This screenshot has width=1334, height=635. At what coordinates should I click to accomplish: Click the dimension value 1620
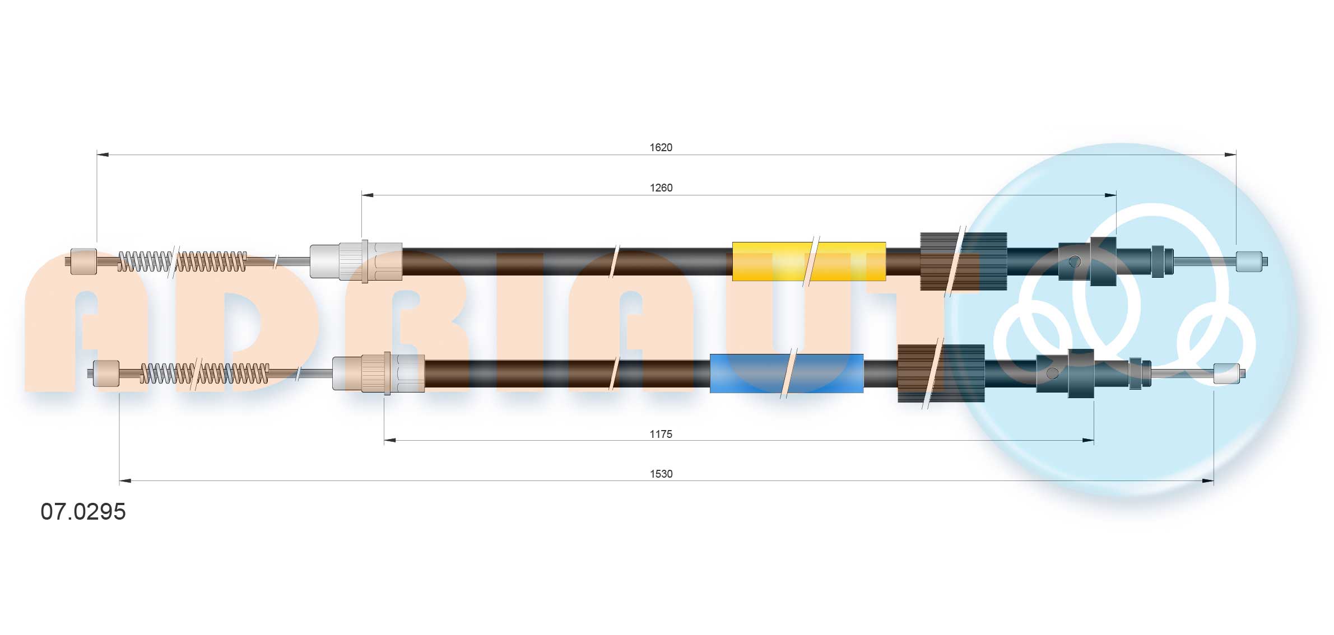pos(661,147)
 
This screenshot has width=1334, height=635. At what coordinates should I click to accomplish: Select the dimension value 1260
pos(661,188)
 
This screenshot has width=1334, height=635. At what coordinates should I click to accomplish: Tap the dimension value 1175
pos(661,434)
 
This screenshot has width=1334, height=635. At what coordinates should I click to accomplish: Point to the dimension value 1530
pos(661,474)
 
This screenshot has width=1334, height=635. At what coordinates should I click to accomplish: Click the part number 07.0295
pos(83,512)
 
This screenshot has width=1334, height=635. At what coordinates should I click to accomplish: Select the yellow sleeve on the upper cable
pos(808,262)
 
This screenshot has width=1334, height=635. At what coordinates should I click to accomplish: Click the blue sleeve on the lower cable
pos(786,373)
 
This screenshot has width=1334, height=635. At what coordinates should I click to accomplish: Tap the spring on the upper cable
pos(182,262)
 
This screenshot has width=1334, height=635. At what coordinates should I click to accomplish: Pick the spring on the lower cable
pos(204,373)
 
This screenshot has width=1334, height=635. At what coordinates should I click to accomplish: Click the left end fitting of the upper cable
pos(83,262)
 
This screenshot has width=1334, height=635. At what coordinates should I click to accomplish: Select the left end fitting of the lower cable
pos(106,373)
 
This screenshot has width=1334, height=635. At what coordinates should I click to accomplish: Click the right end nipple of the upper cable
pos(1249,262)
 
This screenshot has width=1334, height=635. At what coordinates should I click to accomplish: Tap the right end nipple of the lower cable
pos(1226,373)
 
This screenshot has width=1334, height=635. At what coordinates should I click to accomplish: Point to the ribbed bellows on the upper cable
pos(963,262)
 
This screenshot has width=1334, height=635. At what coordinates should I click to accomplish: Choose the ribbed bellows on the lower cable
pos(941,373)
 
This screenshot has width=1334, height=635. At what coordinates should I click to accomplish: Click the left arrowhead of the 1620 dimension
pos(103,155)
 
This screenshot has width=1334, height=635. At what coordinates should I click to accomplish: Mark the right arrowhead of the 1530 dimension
pos(1207,480)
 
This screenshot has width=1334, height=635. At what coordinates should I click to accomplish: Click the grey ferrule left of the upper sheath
pos(324,262)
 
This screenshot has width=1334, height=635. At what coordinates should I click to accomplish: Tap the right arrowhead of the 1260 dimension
pos(1110,195)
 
